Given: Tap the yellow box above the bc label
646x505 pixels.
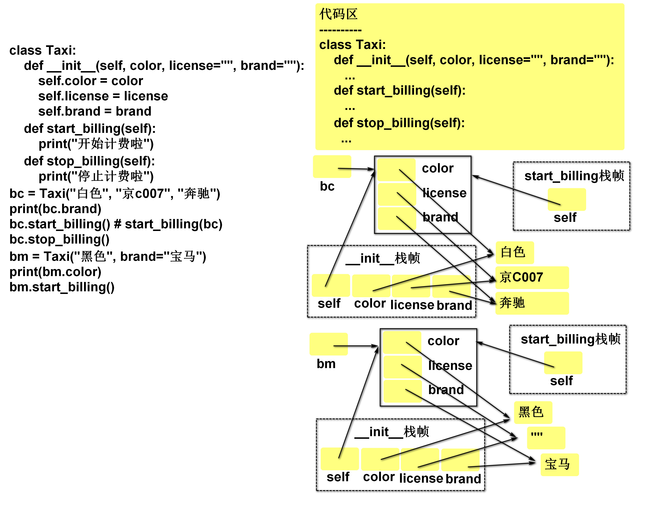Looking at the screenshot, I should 332,166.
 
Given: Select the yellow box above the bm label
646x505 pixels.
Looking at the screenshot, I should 328,344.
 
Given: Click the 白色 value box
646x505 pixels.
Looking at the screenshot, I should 515,252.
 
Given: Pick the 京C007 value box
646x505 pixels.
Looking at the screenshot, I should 532,277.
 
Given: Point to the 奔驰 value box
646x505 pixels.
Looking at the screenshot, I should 532,303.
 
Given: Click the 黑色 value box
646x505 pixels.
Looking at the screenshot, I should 533,412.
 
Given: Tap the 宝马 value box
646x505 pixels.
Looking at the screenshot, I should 559,464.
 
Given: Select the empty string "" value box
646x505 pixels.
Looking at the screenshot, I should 546,438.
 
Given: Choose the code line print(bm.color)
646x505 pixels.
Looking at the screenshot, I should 55,272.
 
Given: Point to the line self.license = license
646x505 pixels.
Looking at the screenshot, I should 103,96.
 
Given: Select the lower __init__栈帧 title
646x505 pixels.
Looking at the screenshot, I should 392,432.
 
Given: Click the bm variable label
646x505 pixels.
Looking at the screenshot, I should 326,363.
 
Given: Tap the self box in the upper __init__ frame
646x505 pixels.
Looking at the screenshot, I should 331,285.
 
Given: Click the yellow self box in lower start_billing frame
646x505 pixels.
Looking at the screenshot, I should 563,363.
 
